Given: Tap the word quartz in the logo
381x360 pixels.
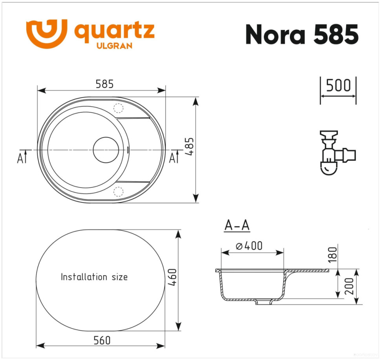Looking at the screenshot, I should point(114,31).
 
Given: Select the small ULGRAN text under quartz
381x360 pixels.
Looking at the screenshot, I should point(114,46).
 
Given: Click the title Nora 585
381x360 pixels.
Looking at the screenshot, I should point(302,35).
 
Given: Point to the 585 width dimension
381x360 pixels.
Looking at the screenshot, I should point(104,84).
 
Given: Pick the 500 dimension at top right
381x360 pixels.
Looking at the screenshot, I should point(338,86).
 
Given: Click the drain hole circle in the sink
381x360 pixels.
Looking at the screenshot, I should point(106,150).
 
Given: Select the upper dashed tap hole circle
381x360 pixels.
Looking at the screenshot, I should point(118,108).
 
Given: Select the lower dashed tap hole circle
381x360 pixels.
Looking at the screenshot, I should point(118,192).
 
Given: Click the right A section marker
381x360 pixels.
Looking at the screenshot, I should point(173,158).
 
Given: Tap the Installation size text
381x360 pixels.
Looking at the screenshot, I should point(94,277).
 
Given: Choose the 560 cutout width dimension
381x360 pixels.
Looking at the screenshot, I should point(102,340).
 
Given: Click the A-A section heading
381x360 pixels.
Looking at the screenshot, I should point(237,226).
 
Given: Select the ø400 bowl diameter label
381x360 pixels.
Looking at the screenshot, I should point(249,246).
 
